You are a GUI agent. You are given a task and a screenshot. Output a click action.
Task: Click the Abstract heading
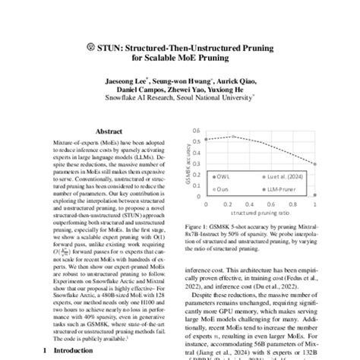coord(108,131)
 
